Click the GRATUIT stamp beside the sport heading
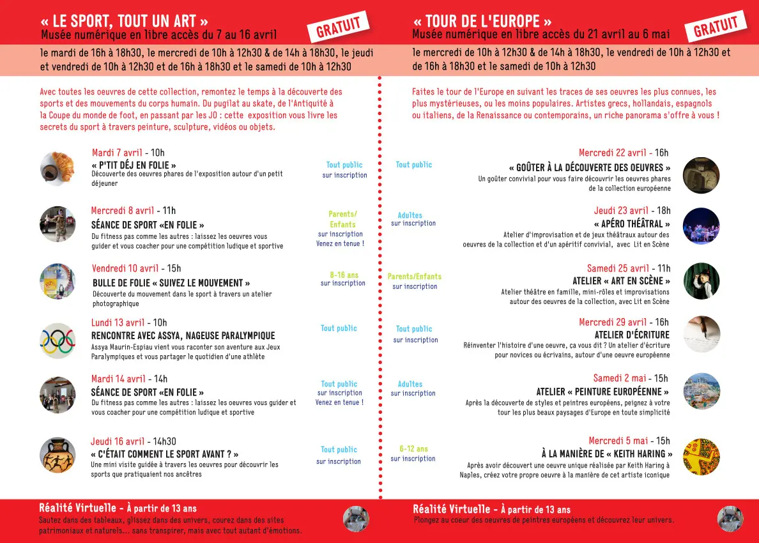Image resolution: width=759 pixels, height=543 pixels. point(338,27)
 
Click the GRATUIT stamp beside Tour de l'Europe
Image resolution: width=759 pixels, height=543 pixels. point(716,27)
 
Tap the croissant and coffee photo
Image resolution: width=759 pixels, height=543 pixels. point(57,168)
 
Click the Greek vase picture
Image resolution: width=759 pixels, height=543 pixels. point(57,454)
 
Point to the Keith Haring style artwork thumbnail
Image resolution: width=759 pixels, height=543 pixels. point(701,456)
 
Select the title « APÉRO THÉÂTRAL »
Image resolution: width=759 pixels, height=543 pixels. point(632,224)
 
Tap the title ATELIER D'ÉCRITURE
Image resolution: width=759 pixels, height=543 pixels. point(632,335)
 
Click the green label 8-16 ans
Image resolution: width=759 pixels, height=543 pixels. point(344,275)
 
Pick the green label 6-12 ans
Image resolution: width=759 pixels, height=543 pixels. point(413,449)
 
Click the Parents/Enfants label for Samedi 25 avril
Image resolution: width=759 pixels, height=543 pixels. point(414,277)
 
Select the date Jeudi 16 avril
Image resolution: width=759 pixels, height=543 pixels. point(118,441)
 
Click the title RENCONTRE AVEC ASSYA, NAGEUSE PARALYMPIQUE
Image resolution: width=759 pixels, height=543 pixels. point(183,335)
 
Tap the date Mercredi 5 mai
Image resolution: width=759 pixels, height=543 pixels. point(617,441)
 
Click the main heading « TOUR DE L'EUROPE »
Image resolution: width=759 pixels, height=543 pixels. point(482,20)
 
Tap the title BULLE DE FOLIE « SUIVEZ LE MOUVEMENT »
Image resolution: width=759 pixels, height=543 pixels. point(171,282)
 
